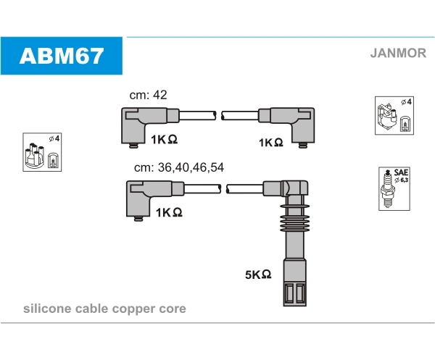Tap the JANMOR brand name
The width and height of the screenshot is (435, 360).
tap(397, 53)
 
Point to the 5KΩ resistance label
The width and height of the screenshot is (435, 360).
tap(258, 275)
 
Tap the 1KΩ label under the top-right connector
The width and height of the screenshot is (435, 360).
tap(270, 143)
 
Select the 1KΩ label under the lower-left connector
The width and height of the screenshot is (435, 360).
tap(167, 212)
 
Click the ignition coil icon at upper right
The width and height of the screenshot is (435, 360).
tap(394, 114)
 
